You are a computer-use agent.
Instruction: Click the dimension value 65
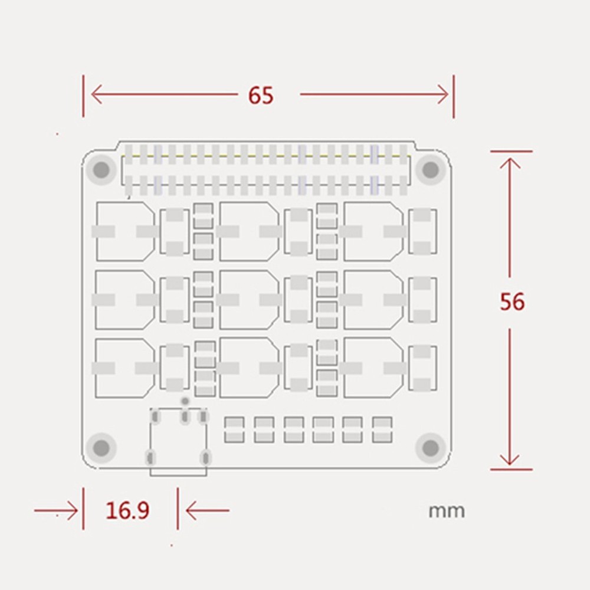pos(261,95)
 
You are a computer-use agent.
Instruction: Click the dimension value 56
pos(512,301)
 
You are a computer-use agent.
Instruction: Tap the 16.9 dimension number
pos(127,510)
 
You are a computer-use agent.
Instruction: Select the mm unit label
pos(447,511)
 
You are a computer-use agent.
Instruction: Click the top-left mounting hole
pos(101,169)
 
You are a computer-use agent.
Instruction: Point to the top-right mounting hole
pos(431,169)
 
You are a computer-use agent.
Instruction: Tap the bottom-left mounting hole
pos(101,447)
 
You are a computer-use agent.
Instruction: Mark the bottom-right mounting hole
pos(431,447)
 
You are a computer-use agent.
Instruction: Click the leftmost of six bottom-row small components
pos(234,430)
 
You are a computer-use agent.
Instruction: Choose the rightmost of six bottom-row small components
pos(382,430)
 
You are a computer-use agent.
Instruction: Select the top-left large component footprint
pos(125,231)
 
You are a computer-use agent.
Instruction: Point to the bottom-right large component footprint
pos(373,368)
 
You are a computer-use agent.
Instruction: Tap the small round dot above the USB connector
pos(185,401)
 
